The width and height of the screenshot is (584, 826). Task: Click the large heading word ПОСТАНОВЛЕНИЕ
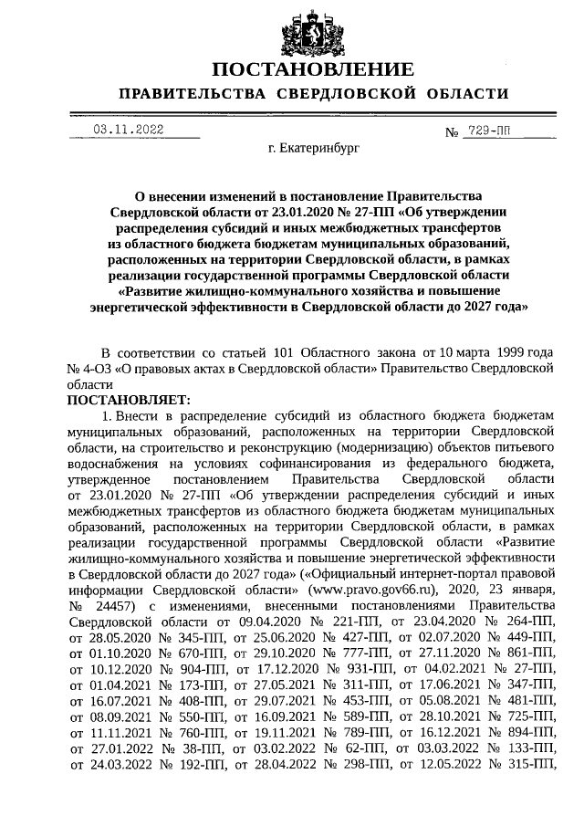point(313,70)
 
